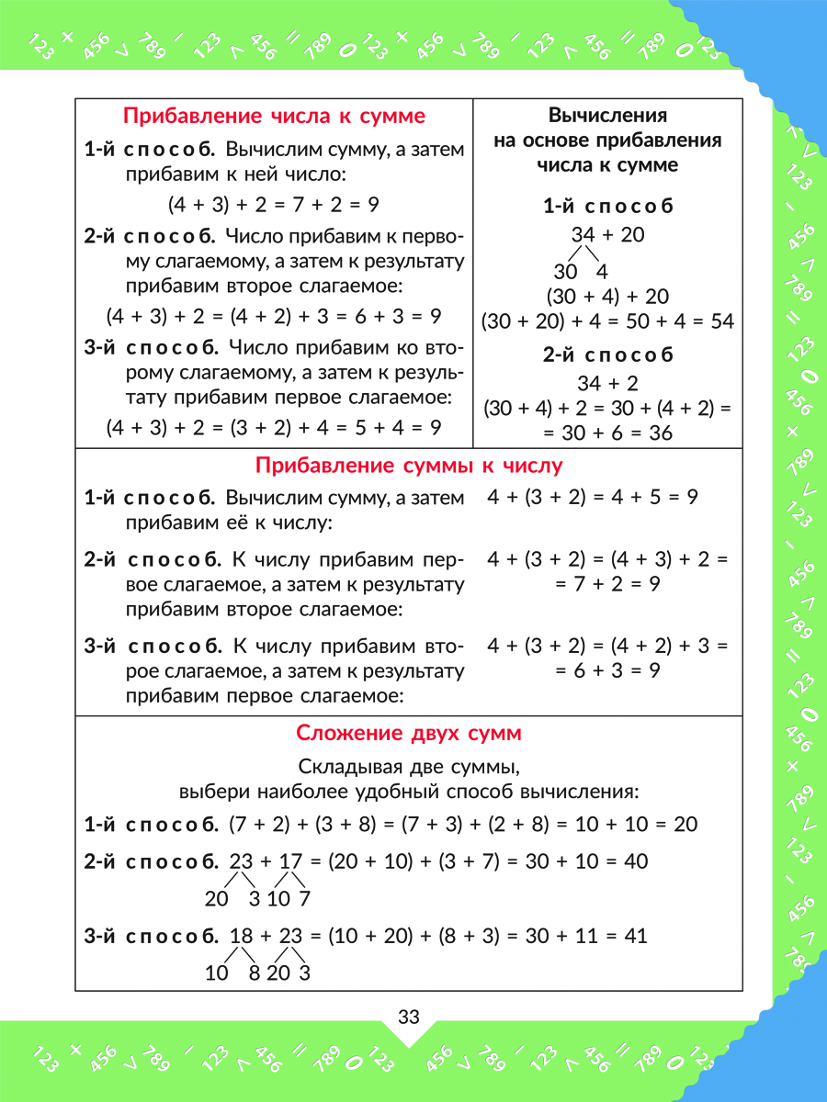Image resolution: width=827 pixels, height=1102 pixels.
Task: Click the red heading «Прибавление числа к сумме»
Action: point(274,117)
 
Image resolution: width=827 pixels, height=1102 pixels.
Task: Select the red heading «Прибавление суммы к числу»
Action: point(409,466)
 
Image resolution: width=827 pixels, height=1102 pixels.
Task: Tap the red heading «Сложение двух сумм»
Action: point(409,734)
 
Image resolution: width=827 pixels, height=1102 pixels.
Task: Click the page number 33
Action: point(409,1018)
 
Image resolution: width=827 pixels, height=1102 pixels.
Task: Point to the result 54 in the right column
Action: point(722,321)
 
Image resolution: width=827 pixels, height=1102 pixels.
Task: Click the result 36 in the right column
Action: point(661,433)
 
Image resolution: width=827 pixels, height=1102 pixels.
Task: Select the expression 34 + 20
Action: point(607,234)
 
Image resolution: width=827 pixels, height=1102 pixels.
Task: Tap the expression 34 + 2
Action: point(607,382)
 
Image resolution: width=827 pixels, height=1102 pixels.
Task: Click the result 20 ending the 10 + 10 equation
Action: point(685,825)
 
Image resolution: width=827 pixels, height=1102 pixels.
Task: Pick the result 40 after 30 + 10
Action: point(635,861)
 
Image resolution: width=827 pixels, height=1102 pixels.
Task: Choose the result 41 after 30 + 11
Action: point(635,936)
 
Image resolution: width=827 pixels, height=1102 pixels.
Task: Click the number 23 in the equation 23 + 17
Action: point(241,861)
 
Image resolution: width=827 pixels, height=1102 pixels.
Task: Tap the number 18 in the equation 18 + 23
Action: point(241,936)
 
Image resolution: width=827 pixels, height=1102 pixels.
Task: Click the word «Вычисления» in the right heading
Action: point(607,117)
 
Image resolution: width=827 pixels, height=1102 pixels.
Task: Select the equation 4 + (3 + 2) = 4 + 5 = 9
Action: point(594,498)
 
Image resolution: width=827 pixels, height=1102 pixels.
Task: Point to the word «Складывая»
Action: point(343,767)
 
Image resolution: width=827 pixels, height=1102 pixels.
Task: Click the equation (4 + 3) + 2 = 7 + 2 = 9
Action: point(274,204)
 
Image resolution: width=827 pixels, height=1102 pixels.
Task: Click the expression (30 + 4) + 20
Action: point(607,297)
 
